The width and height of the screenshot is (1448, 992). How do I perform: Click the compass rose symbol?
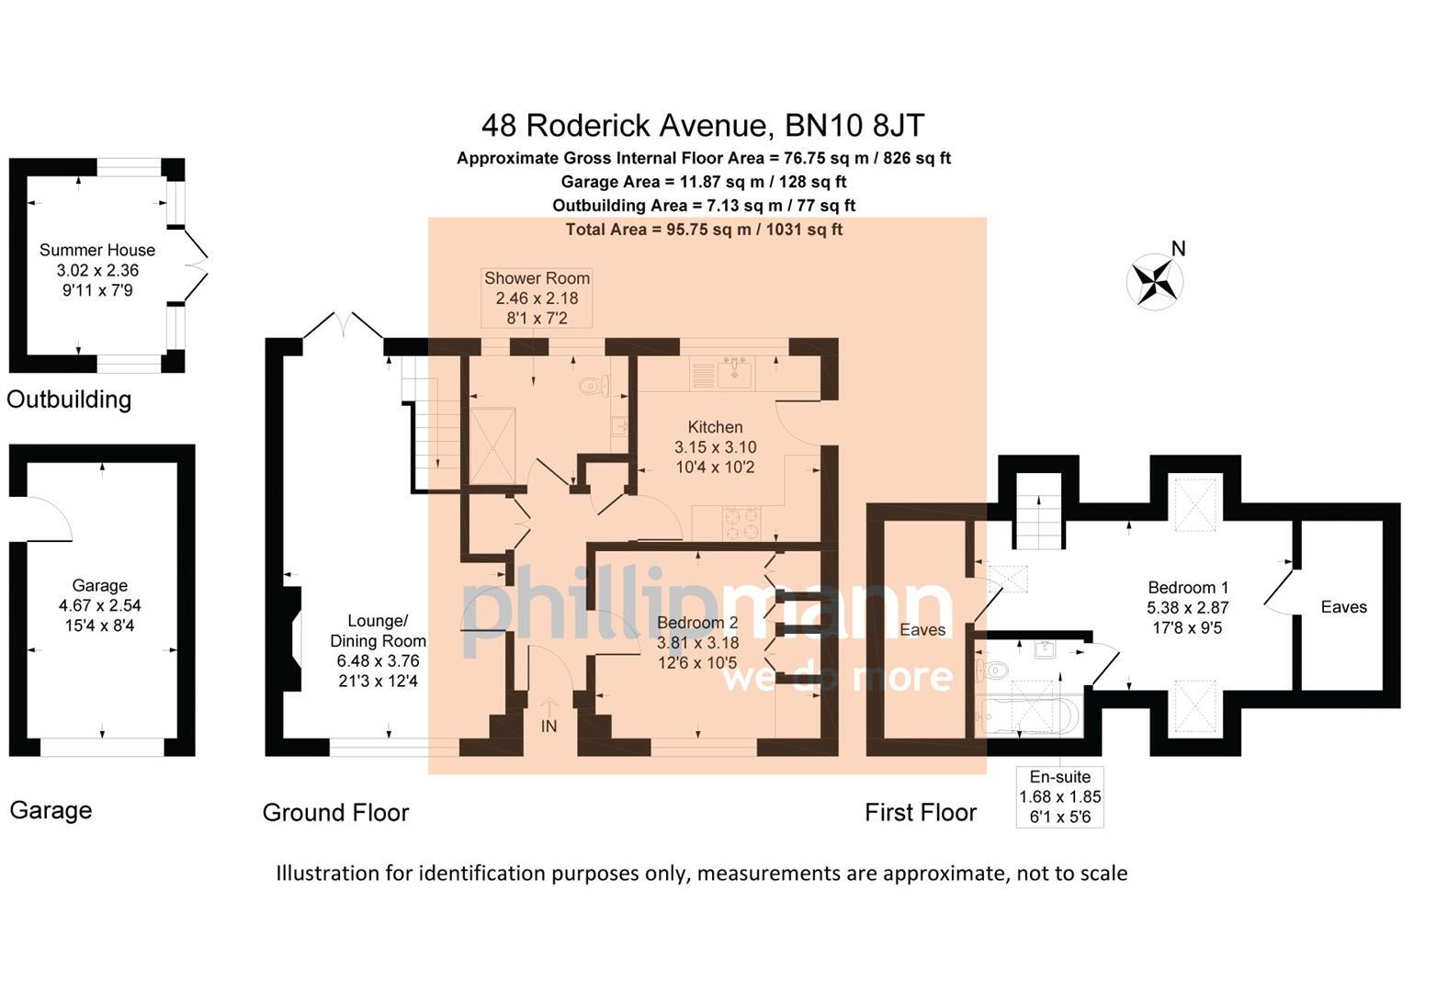pyautogui.click(x=1155, y=282)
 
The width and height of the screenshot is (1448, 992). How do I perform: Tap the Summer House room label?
pyautogui.click(x=97, y=250)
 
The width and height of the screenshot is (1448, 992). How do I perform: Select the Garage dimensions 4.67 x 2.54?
pyautogui.click(x=99, y=605)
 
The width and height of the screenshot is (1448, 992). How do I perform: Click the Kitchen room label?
pyautogui.click(x=715, y=427)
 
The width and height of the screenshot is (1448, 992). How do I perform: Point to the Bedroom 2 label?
pyautogui.click(x=697, y=623)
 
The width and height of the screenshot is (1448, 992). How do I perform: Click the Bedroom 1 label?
pyautogui.click(x=1187, y=588)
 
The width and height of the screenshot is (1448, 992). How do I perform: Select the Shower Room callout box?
pyautogui.click(x=537, y=298)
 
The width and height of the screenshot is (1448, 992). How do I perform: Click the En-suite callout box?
pyautogui.click(x=1060, y=797)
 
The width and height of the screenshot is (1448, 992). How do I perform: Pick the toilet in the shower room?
pyautogui.click(x=594, y=386)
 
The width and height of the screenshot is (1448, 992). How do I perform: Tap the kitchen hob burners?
pyautogui.click(x=741, y=524)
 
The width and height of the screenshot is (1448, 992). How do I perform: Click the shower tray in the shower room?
pyautogui.click(x=492, y=445)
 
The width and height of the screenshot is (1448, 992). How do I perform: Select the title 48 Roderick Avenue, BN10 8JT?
pyautogui.click(x=703, y=125)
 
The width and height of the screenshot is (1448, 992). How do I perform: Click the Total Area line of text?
pyautogui.click(x=704, y=230)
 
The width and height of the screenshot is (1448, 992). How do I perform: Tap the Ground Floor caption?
pyautogui.click(x=335, y=812)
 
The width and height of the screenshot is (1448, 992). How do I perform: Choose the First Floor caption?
pyautogui.click(x=921, y=812)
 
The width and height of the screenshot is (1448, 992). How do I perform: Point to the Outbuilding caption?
pyautogui.click(x=69, y=400)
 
